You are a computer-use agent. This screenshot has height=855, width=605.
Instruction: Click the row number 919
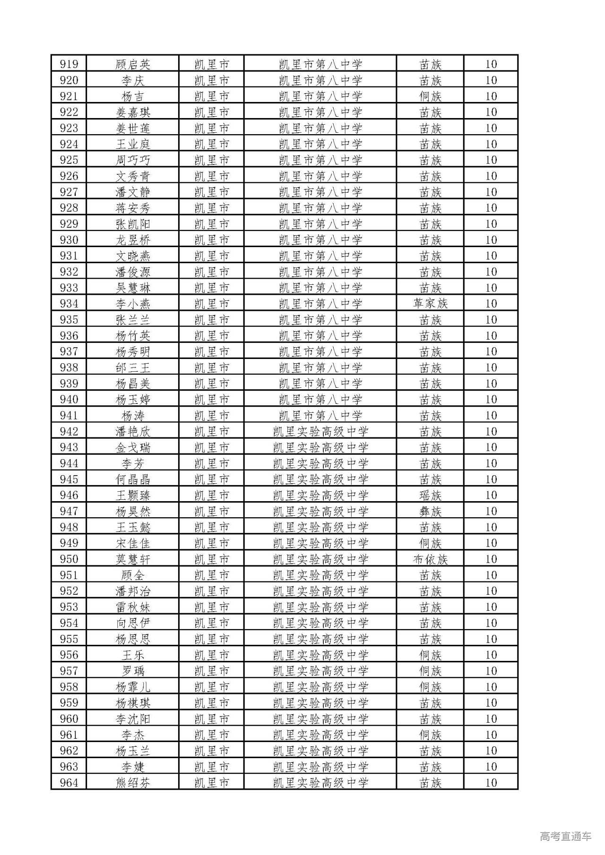[x=69, y=64]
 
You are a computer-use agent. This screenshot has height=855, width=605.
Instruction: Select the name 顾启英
[x=133, y=64]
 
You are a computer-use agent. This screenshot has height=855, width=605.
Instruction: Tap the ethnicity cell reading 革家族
[x=430, y=304]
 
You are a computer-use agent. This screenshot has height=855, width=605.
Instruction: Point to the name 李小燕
[x=133, y=304]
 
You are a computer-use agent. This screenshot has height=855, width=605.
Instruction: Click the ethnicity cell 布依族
[x=430, y=559]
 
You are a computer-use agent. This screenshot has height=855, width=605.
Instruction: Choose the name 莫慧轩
[x=133, y=559]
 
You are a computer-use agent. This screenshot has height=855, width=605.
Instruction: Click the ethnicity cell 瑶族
[x=430, y=496]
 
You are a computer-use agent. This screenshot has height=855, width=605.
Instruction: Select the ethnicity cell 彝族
[x=430, y=511]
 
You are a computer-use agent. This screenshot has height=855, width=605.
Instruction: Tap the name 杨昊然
[x=133, y=511]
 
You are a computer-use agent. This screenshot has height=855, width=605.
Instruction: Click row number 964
[x=69, y=783]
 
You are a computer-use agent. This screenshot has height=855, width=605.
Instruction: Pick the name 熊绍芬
[x=133, y=783]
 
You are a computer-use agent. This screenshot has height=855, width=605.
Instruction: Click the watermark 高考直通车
[x=565, y=836]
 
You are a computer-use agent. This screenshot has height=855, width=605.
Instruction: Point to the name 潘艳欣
[x=133, y=431]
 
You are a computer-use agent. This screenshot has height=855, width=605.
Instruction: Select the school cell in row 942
[x=320, y=431]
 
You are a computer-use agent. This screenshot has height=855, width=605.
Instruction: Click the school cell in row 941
[x=320, y=416]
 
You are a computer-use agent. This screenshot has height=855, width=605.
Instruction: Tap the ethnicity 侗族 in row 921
[x=430, y=96]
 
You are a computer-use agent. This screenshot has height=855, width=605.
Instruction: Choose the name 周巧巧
[x=133, y=160]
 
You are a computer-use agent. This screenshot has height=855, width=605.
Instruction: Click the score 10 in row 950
[x=491, y=559]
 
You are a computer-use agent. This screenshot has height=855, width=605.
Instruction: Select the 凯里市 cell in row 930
[x=212, y=240]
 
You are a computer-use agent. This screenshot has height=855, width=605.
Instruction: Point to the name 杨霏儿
[x=133, y=687]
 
